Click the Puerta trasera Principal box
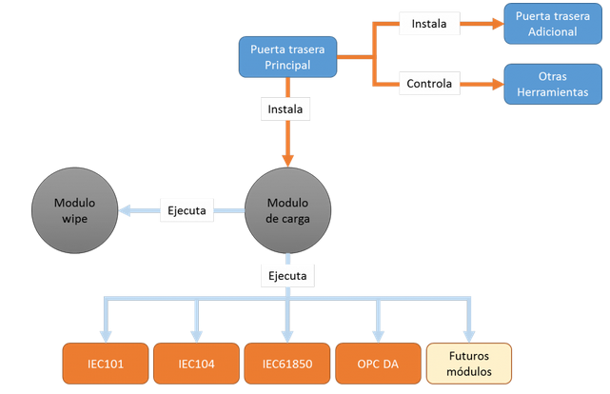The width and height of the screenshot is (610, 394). tap(286, 57)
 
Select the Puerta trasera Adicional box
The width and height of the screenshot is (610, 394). tap(552, 25)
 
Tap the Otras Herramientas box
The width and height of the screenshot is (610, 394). tap(552, 84)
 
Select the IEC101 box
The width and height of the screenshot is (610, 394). tap(104, 363)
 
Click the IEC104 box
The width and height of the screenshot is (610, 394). tap(195, 363)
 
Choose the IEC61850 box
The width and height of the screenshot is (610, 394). tap(286, 363)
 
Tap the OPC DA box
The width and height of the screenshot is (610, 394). tap(378, 363)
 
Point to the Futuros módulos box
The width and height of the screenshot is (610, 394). tap(468, 363)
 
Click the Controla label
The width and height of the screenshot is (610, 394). tap(429, 84)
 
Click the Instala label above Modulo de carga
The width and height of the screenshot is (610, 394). tap(285, 109)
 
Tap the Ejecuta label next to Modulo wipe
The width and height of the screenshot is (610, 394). tap(187, 210)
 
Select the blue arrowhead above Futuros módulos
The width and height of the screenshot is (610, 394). tap(469, 334)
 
